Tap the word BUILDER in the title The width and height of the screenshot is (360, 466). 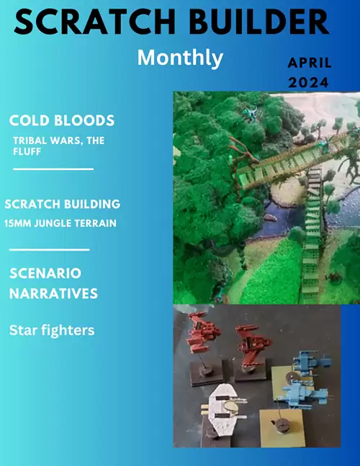click(253, 24)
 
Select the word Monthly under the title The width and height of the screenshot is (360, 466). click(180, 58)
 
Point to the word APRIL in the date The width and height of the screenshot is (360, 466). click(309, 64)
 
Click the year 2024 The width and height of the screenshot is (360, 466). click(309, 82)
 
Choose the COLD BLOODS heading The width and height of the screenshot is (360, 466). click(62, 120)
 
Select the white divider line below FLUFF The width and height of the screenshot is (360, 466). click(53, 169)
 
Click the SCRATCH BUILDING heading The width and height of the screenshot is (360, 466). click(63, 205)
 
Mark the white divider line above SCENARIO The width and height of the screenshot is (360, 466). click(49, 249)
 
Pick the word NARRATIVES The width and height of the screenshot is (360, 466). click(53, 294)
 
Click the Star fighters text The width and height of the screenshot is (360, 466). click(53, 331)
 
